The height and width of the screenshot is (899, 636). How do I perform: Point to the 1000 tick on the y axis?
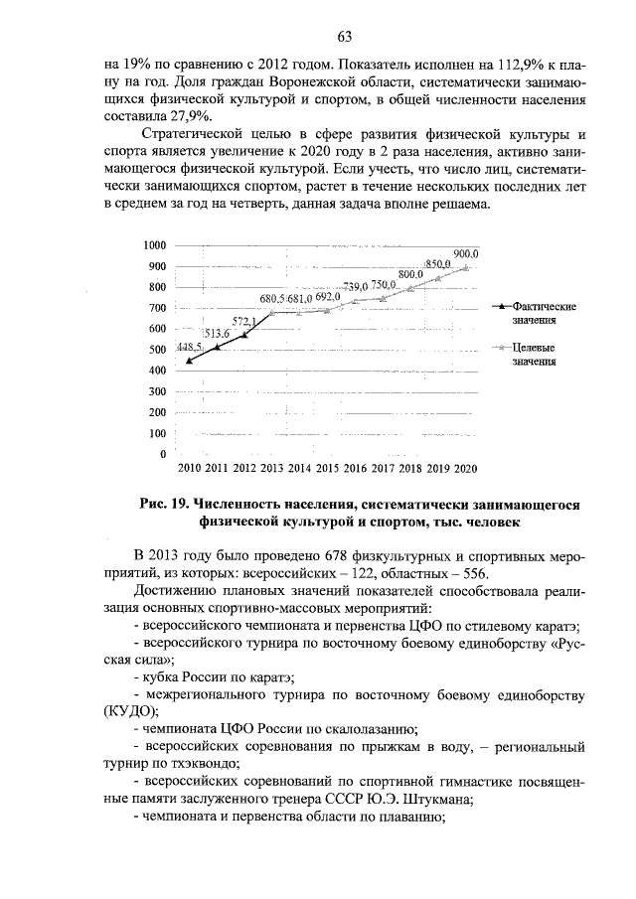[153, 245]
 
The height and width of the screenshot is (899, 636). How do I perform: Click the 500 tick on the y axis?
[156, 350]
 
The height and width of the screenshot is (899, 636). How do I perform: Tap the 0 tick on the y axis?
[162, 454]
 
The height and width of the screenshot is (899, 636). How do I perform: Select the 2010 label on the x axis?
[189, 468]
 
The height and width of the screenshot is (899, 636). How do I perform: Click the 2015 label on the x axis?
[327, 468]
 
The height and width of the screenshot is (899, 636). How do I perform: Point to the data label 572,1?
[243, 321]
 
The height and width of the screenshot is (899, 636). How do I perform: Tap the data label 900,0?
[466, 254]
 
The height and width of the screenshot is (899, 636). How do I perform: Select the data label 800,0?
[410, 273]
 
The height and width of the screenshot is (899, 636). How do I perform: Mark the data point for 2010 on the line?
[189, 361]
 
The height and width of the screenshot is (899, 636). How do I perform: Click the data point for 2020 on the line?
[466, 266]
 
